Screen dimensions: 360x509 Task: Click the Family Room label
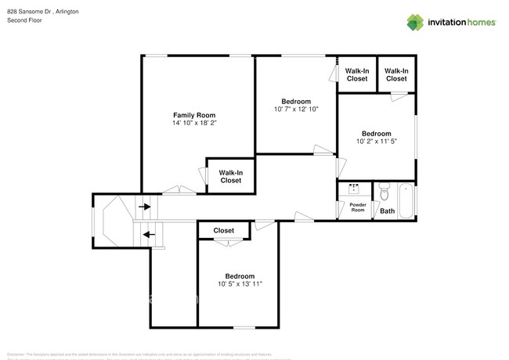tap(194, 114)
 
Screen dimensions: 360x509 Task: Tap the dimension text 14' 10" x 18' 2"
tap(194, 123)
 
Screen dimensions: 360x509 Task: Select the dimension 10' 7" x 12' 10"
tap(296, 110)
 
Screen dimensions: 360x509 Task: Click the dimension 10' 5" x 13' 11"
tap(240, 284)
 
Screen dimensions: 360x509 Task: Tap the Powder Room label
tap(357, 207)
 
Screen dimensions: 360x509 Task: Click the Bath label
tap(387, 211)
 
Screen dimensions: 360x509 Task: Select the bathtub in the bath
tap(406, 201)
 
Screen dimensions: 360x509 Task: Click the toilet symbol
tap(384, 192)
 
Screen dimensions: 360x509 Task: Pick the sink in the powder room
tap(354, 189)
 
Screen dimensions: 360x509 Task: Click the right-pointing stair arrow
tap(146, 207)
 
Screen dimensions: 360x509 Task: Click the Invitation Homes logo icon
tap(416, 22)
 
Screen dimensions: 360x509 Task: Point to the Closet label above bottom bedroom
tap(224, 231)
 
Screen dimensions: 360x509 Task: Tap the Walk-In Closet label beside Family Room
tap(230, 176)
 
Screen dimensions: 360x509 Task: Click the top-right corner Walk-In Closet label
tap(396, 74)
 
